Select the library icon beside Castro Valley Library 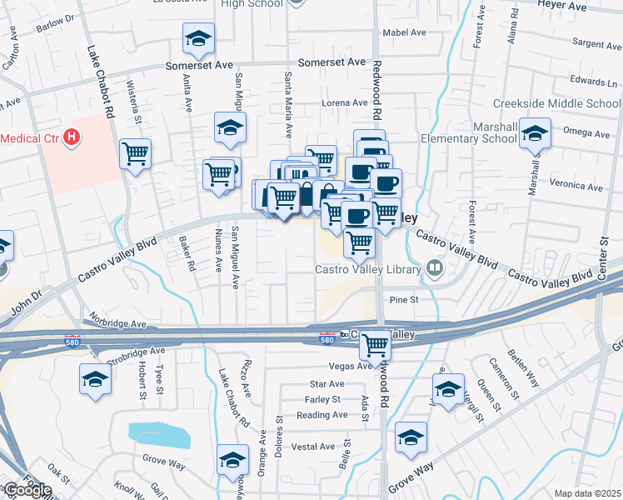(433, 268)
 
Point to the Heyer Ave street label (587, 5)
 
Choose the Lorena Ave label (345, 103)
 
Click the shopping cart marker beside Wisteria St (135, 153)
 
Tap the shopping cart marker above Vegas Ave (376, 343)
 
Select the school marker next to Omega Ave (535, 133)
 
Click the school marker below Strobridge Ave (96, 380)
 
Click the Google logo (27, 490)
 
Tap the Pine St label (402, 299)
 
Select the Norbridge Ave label (117, 323)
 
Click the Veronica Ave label (576, 187)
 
